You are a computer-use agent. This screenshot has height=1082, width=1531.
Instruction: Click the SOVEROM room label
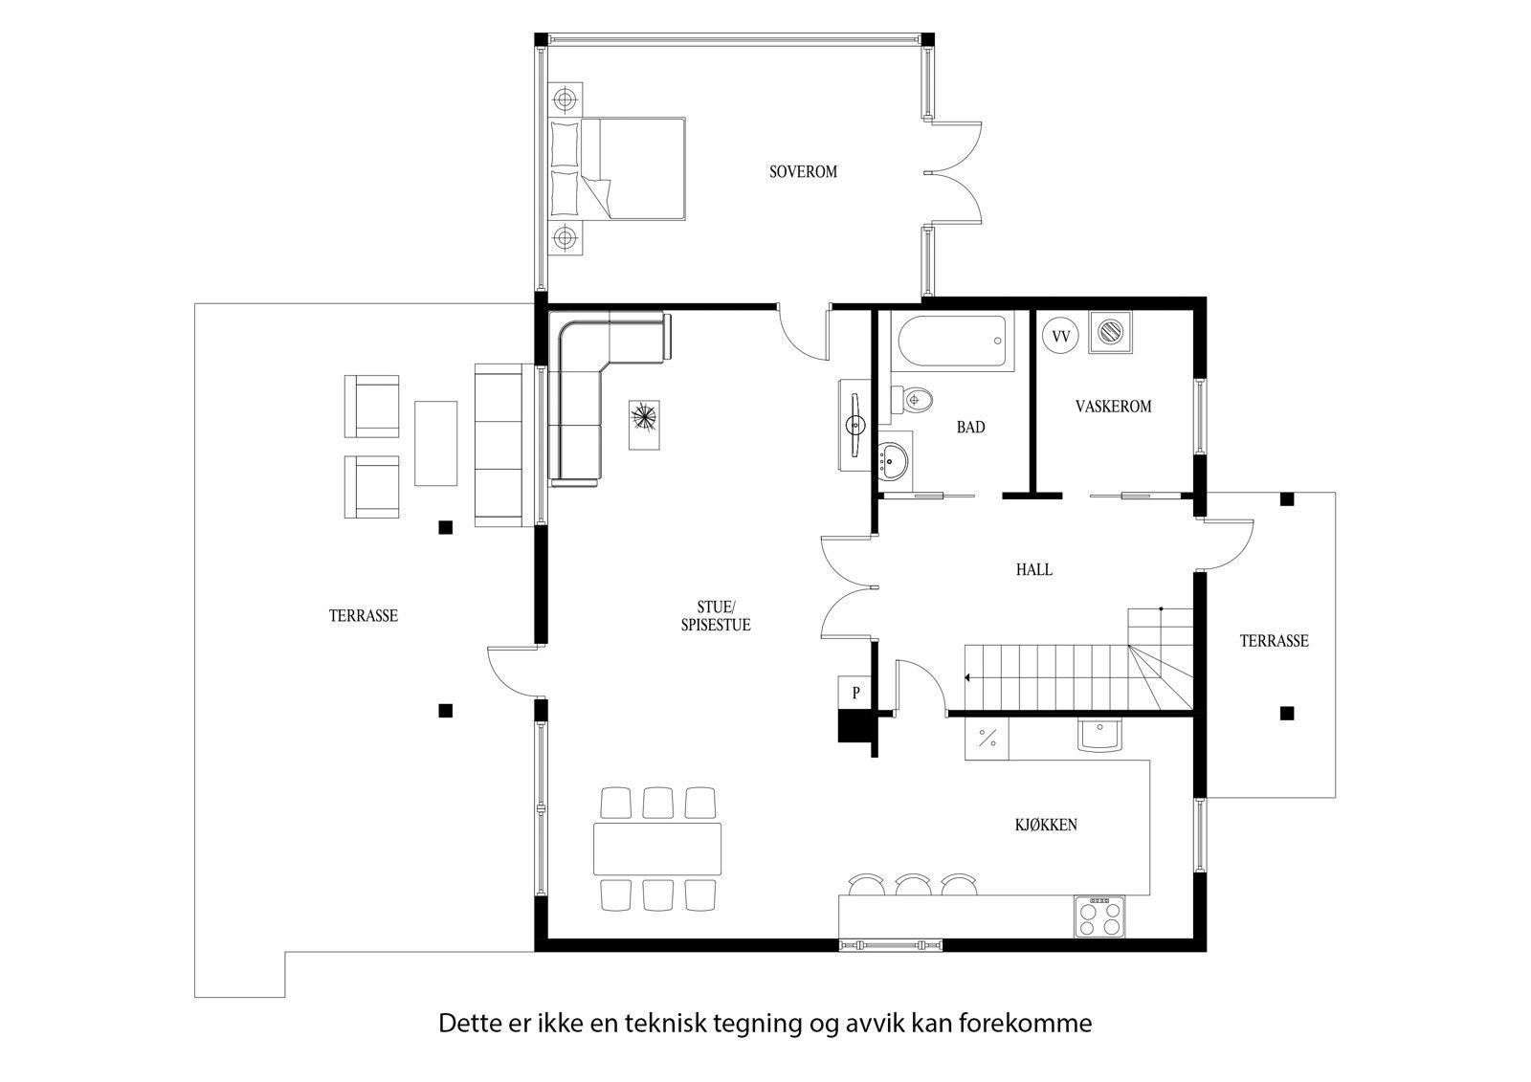pos(803,172)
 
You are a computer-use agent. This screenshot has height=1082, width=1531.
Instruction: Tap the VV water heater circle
pos(1059,337)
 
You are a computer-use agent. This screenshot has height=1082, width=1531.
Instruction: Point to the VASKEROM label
pos(1113,407)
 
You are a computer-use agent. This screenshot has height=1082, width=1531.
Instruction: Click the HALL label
pos(1033,570)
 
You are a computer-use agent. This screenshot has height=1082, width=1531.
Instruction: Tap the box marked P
pos(856,693)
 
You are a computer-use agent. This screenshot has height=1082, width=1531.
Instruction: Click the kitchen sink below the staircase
pos(1100,735)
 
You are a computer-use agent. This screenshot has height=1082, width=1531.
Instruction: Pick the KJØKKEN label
pos(1046,825)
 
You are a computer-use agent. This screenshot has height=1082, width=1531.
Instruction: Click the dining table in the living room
pos(657,848)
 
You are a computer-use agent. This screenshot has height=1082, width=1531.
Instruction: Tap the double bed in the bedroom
pos(620,168)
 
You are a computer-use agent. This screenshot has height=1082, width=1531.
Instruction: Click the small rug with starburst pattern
pos(644,423)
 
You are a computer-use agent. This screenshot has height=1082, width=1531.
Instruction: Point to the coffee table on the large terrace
pos(435,442)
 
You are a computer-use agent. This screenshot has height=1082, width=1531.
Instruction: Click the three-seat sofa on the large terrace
pos(499,445)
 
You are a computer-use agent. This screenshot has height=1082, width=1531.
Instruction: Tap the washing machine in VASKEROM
pos(1110,333)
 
